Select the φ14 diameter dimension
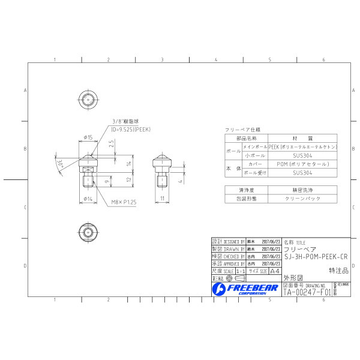pyautogui.click(x=87, y=197)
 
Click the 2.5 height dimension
pyautogui.click(x=112, y=144)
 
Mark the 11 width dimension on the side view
pyautogui.click(x=162, y=197)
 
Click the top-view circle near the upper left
pyautogui.click(x=88, y=98)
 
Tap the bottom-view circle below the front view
pyautogui.click(x=88, y=232)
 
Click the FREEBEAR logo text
pyautogui.click(x=251, y=288)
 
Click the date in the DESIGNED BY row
pyautogui.click(x=271, y=241)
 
